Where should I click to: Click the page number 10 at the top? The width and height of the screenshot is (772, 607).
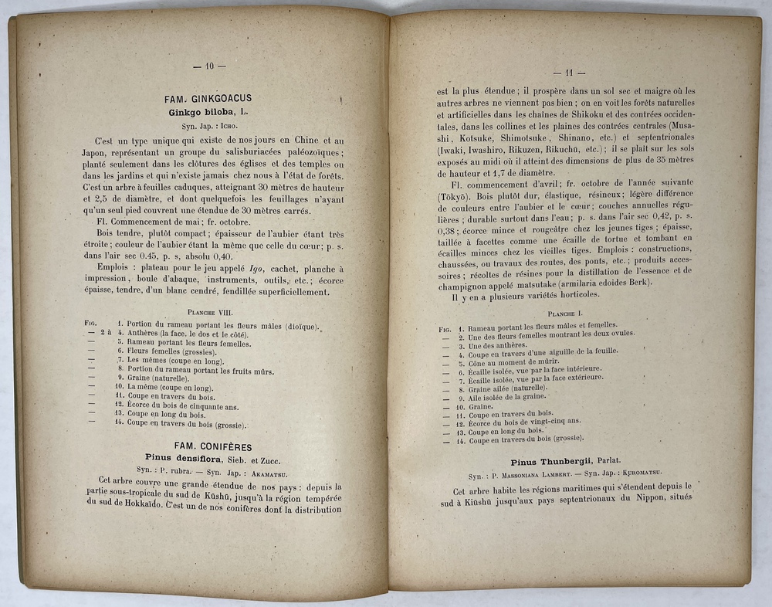[x=209, y=66]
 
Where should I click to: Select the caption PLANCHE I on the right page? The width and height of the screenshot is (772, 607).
[x=571, y=314]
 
